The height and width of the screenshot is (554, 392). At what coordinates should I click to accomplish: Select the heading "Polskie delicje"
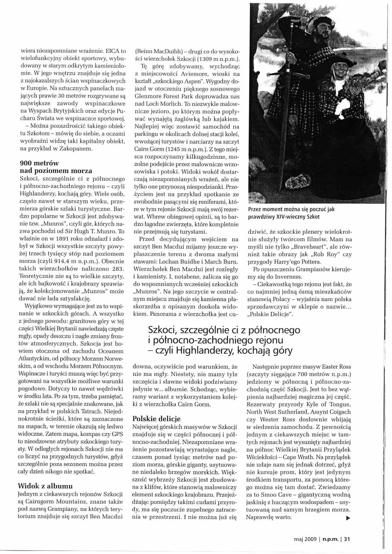point(156,419)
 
